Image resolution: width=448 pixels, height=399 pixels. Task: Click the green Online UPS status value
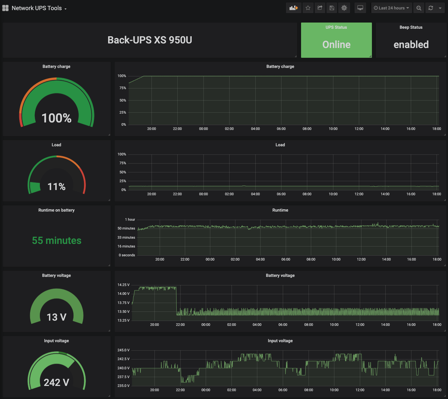pos(336,45)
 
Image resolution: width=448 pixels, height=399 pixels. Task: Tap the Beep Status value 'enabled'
pos(411,45)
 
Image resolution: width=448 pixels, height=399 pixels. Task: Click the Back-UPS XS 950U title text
pos(150,40)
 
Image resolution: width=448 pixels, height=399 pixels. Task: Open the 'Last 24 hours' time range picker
pos(391,8)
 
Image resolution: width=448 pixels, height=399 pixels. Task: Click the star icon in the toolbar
pos(308,8)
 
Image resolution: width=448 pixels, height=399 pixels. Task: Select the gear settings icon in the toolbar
pos(344,8)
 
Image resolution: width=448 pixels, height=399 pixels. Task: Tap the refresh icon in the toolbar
pos(431,8)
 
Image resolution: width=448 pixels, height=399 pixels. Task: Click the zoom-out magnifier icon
pos(419,8)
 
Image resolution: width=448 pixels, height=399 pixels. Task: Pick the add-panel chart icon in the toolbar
pos(294,8)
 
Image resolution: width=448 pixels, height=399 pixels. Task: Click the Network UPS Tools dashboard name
pos(37,8)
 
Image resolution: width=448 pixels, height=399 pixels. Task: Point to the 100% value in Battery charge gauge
pos(56,118)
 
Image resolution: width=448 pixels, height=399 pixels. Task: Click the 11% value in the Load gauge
pos(56,187)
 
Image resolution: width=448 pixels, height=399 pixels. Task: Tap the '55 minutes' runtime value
pos(56,241)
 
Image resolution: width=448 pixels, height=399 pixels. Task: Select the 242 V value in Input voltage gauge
pos(56,382)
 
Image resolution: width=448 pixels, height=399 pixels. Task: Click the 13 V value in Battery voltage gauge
pos(56,317)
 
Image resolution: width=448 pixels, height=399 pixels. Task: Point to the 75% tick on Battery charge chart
pos(123,88)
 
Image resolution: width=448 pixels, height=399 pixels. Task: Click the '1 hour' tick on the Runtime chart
pos(130,220)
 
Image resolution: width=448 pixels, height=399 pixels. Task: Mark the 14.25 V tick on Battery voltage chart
pos(123,285)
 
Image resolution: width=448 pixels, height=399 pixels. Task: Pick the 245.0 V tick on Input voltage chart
pos(123,350)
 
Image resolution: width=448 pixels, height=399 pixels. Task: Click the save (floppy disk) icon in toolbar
pos(332,8)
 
